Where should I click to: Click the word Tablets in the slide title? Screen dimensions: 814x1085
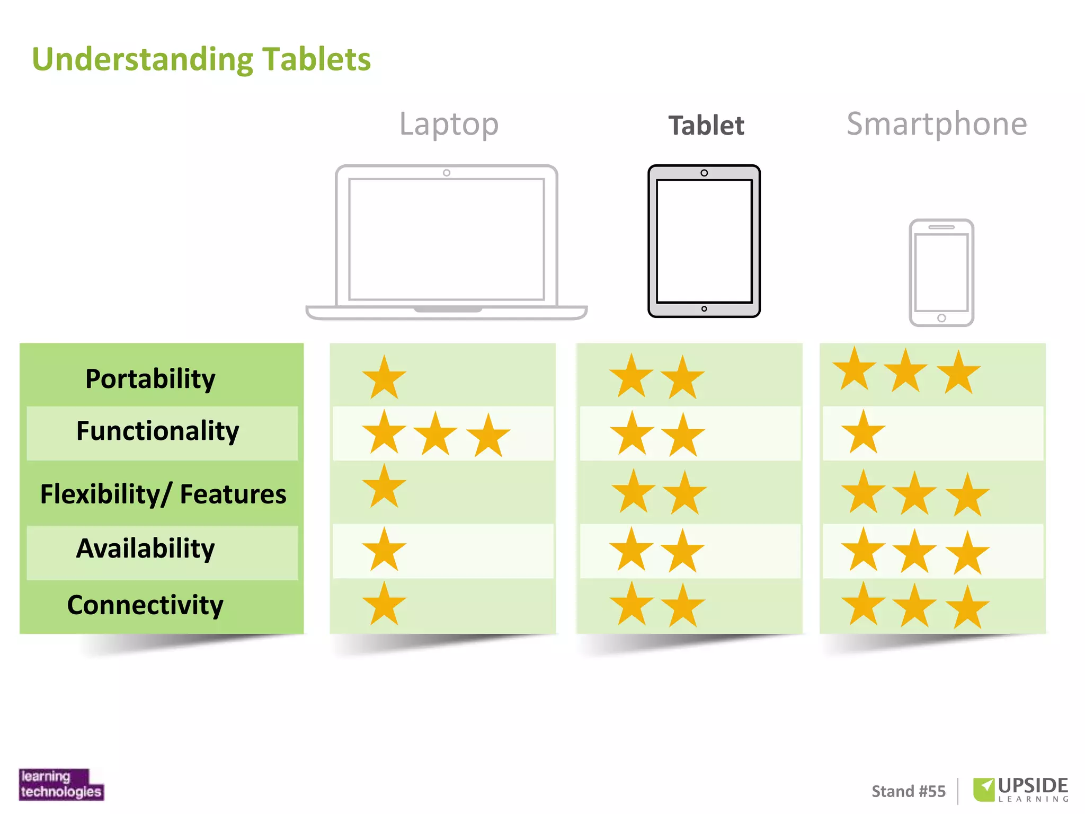pos(316,59)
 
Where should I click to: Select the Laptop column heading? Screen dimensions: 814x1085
pos(449,125)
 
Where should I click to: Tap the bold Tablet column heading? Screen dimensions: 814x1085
pos(706,126)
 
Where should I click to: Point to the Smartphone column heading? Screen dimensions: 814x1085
pos(937,125)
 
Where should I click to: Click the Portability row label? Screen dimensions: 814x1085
pos(150,379)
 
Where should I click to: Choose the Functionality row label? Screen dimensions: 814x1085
pos(157,431)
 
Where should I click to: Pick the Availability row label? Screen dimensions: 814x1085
pos(146,548)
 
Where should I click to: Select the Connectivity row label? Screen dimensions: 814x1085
pos(145,605)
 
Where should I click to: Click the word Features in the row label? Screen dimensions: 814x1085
pos(233,494)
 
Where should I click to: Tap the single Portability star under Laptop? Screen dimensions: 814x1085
pos(384,378)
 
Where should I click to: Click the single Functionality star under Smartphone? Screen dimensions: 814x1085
pos(863,432)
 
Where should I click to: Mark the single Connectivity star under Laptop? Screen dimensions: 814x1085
pos(384,604)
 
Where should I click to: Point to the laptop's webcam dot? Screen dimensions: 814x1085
pos(447,173)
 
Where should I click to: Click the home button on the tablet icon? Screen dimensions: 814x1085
pos(704,309)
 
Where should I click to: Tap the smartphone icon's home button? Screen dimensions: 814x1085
pos(941,318)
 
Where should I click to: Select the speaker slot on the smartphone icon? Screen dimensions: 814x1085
pos(941,227)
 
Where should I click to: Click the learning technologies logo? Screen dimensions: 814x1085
pos(61,784)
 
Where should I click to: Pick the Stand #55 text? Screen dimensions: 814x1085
pos(909,791)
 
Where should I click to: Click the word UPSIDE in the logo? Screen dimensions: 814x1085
pos(1033,785)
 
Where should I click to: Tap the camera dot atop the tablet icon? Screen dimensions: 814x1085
pos(704,173)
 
